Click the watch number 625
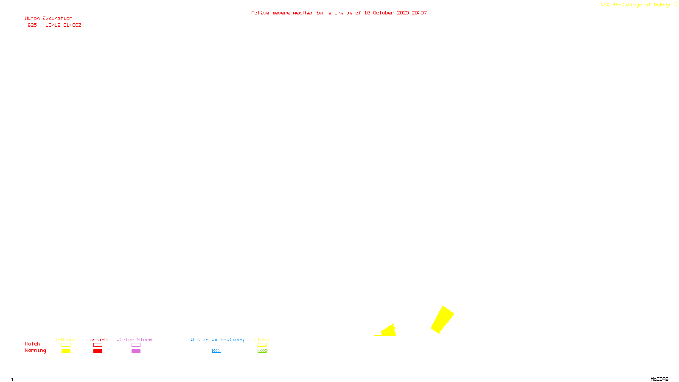tap(32, 25)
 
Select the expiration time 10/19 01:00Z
tap(63, 25)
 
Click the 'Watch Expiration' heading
tap(48, 19)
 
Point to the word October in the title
tap(383, 13)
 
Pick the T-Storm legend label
tap(65, 340)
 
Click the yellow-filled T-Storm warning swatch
tap(66, 351)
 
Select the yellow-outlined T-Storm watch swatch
tap(66, 345)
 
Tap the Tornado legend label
tap(97, 340)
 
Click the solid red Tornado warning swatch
tap(98, 351)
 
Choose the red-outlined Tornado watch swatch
tap(98, 345)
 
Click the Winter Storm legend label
tap(134, 340)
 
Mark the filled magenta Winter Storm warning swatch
tap(136, 351)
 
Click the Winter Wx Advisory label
tap(217, 340)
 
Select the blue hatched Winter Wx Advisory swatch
tap(216, 351)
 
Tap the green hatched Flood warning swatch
tap(262, 351)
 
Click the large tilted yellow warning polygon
tap(443, 320)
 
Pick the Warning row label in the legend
tap(35, 351)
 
